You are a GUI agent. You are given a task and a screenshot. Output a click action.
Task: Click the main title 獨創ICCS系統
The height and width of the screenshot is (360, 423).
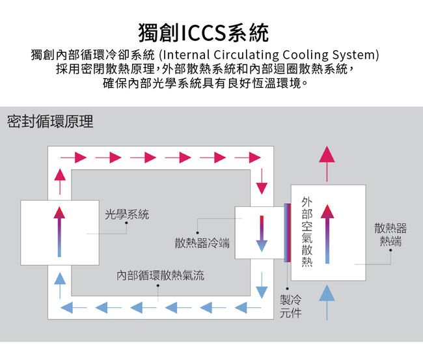pyautogui.click(x=204, y=33)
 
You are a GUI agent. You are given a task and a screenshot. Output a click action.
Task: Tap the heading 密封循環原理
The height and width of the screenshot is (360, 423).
pyautogui.click(x=50, y=122)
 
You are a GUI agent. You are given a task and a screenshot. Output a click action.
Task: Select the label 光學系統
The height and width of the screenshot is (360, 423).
pyautogui.click(x=127, y=215)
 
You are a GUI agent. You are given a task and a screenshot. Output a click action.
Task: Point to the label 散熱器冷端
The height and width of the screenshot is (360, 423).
pyautogui.click(x=202, y=243)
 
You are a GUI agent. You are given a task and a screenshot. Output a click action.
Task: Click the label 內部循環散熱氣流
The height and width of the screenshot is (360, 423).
pyautogui.click(x=161, y=275)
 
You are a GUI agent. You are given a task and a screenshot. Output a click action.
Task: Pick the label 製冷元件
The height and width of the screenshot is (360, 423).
pyautogui.click(x=290, y=307)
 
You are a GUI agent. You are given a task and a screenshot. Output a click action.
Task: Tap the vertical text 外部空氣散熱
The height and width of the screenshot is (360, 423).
pyautogui.click(x=307, y=232)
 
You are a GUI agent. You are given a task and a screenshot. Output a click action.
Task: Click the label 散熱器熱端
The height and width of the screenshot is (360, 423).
pyautogui.click(x=390, y=234)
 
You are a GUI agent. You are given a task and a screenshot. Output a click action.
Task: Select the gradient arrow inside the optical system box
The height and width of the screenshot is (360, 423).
pyautogui.click(x=59, y=232)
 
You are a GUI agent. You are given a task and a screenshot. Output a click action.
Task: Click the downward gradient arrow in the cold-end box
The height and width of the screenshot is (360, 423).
pyautogui.click(x=262, y=234)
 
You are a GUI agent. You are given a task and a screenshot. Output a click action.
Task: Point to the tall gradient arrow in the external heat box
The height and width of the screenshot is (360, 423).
pyautogui.click(x=327, y=234)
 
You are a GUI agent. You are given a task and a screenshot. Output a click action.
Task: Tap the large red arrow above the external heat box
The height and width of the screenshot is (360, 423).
pyautogui.click(x=327, y=164)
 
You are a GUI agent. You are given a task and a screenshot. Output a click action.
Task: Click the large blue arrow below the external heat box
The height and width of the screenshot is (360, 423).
pyautogui.click(x=327, y=303)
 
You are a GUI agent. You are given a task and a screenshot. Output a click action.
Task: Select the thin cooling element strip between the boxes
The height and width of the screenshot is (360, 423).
pyautogui.click(x=287, y=232)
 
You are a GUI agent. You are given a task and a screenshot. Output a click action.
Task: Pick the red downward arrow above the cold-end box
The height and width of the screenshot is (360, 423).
pyautogui.click(x=262, y=182)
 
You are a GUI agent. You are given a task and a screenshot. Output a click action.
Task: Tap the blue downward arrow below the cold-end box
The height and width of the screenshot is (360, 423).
pyautogui.click(x=262, y=285)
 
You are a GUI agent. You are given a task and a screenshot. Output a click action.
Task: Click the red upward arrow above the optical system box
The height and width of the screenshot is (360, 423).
pyautogui.click(x=60, y=182)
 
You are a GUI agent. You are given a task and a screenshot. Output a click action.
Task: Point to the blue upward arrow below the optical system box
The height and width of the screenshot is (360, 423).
pyautogui.click(x=60, y=286)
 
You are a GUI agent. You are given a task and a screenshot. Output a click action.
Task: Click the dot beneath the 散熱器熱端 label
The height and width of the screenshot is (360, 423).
pyautogui.click(x=390, y=250)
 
